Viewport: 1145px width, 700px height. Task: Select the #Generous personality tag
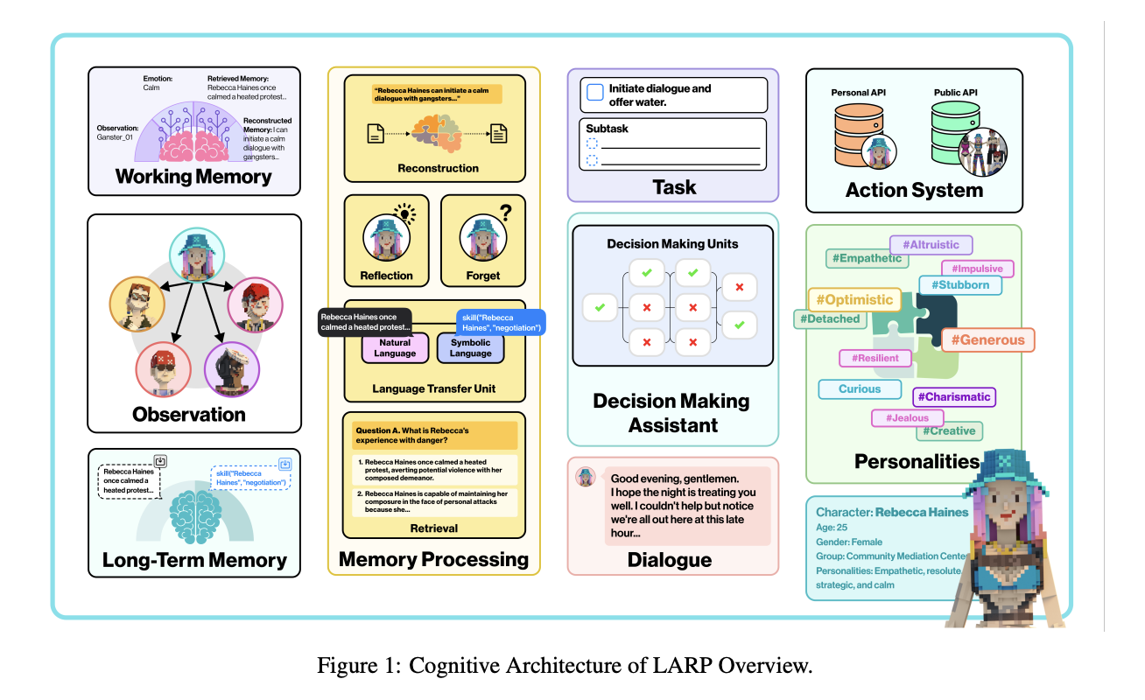[987, 340]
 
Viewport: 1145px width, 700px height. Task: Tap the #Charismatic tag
[954, 397]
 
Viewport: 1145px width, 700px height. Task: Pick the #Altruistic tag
[931, 246]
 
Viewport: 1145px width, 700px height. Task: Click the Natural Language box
[395, 348]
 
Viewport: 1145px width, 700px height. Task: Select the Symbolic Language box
[471, 348]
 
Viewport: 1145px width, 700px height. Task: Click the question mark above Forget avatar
[504, 212]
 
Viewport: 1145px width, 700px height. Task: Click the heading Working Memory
[193, 177]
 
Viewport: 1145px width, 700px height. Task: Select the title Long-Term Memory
[194, 560]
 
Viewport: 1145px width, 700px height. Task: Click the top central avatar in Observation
[196, 255]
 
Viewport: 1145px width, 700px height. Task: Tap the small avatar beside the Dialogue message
[585, 477]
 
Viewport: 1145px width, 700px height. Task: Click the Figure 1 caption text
[565, 667]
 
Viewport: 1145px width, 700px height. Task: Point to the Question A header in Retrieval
[411, 436]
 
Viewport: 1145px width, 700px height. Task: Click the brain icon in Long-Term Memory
[195, 511]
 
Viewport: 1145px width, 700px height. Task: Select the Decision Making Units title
[672, 244]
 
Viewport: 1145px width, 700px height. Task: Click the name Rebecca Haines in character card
[922, 513]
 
